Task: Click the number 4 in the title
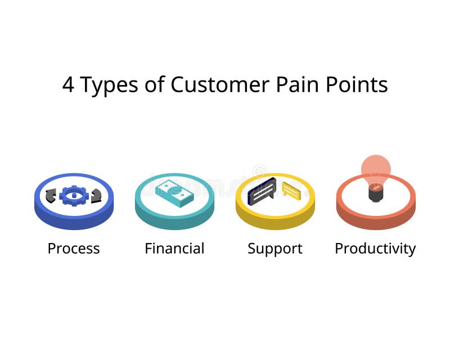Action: coord(68,85)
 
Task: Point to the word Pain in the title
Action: coord(294,85)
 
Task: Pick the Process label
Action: coord(74,249)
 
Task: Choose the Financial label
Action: coord(174,249)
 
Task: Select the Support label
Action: coord(275,249)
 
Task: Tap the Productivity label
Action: coord(375,249)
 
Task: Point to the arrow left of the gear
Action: coord(51,196)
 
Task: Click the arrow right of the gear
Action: coord(96,196)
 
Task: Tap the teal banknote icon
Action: coord(174,193)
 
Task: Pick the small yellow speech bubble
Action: coord(291,191)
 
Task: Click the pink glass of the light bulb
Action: coord(376,169)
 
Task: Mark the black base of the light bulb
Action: coord(376,193)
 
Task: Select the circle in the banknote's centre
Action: coord(175,192)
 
